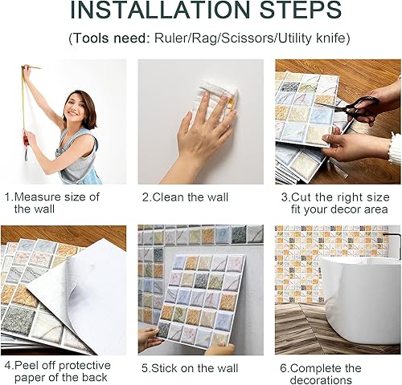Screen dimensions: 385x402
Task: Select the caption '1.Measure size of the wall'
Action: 56,202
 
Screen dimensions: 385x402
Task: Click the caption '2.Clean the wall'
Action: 185,197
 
